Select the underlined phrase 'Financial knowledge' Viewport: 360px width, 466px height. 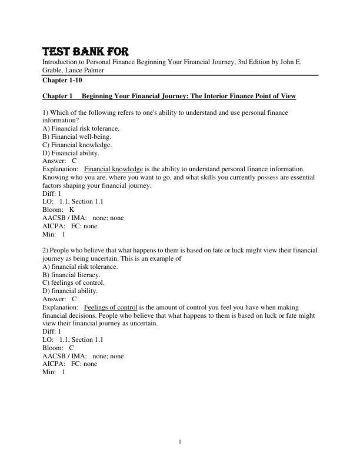point(114,169)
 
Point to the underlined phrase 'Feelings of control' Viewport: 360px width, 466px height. point(111,307)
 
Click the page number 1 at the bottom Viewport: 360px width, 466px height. point(180,441)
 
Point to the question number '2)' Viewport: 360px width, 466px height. point(45,250)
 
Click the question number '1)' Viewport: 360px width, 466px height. point(45,112)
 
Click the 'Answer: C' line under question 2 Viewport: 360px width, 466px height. point(60,299)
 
